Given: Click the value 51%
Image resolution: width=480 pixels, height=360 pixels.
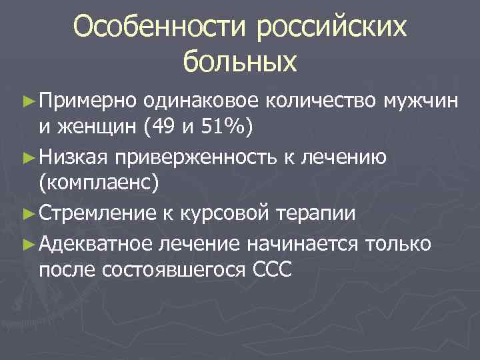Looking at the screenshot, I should [x=225, y=128].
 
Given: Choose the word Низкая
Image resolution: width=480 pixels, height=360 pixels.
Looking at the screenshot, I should [x=73, y=157].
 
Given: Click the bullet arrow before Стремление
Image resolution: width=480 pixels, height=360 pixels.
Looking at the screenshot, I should [x=27, y=214].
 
